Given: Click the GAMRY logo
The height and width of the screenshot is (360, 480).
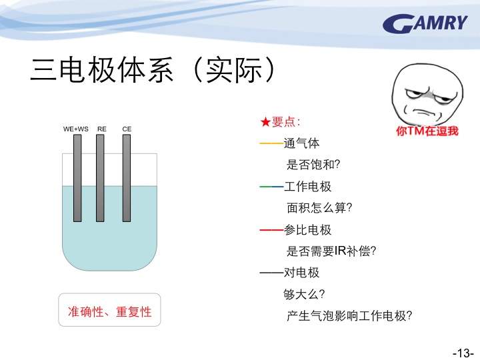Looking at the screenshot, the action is [x=425, y=23].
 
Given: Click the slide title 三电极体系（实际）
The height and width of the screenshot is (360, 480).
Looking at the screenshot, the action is [x=153, y=70].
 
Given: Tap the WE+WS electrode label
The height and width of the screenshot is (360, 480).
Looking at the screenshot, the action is [x=75, y=129].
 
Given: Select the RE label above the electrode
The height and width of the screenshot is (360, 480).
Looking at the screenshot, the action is [x=101, y=129].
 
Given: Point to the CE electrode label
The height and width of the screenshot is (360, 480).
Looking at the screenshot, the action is [x=127, y=129].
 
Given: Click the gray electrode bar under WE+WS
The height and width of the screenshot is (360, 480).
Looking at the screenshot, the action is [x=77, y=178].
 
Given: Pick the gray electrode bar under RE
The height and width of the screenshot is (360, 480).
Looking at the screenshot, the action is [x=100, y=178].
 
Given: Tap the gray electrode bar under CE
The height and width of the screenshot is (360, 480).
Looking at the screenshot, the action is [x=127, y=178].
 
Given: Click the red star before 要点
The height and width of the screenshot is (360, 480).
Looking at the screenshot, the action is [x=265, y=122].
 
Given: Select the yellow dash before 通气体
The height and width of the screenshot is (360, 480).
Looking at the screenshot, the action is [x=271, y=143].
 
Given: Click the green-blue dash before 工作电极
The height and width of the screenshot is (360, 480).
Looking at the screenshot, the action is [x=271, y=187].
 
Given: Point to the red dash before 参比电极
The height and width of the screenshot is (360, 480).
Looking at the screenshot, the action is [x=271, y=229].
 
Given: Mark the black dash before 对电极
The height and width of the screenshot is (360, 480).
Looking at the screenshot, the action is [x=271, y=273].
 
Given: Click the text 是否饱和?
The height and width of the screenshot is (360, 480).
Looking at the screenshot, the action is [x=313, y=165].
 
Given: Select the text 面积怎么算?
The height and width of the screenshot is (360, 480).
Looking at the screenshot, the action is [x=319, y=208].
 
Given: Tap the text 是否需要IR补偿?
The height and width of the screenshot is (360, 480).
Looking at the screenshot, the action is [x=331, y=251].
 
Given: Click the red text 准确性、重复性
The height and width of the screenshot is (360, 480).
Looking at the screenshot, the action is [x=109, y=311].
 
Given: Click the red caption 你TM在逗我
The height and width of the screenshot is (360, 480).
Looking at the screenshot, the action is [x=427, y=131].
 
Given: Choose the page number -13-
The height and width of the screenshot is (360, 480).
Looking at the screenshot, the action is [x=463, y=353].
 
